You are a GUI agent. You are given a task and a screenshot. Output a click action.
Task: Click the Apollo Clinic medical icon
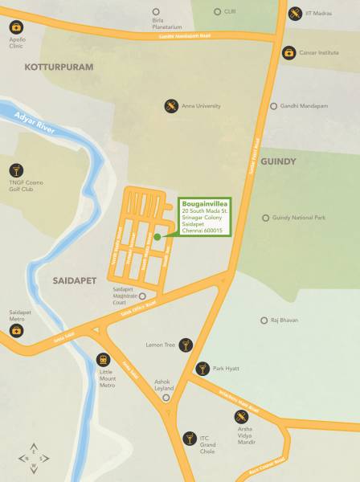16,27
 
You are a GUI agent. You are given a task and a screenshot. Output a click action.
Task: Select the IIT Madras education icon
296,13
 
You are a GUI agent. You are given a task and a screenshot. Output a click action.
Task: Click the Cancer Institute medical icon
288,53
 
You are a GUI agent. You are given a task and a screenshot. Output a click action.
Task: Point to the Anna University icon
171,106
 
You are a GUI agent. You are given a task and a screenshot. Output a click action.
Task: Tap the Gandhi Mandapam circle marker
273,106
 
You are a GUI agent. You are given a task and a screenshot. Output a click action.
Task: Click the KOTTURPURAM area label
59,67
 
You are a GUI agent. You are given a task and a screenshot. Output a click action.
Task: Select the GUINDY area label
279,161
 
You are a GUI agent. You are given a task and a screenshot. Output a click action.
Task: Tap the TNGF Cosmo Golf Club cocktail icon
16,170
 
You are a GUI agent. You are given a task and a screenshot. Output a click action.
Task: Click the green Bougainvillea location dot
157,236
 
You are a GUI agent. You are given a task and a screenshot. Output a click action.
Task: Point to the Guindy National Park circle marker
266,218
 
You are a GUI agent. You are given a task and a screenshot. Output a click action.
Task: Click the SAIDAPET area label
75,281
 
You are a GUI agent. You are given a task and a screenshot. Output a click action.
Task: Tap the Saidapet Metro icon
16,330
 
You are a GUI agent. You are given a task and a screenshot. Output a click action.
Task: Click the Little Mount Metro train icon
103,359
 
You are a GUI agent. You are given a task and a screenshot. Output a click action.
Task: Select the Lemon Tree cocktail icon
186,345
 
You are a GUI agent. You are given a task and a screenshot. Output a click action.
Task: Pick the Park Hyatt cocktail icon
202,369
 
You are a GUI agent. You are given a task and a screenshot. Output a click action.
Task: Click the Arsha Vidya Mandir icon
241,416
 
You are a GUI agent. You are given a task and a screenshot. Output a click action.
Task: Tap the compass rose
33,458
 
